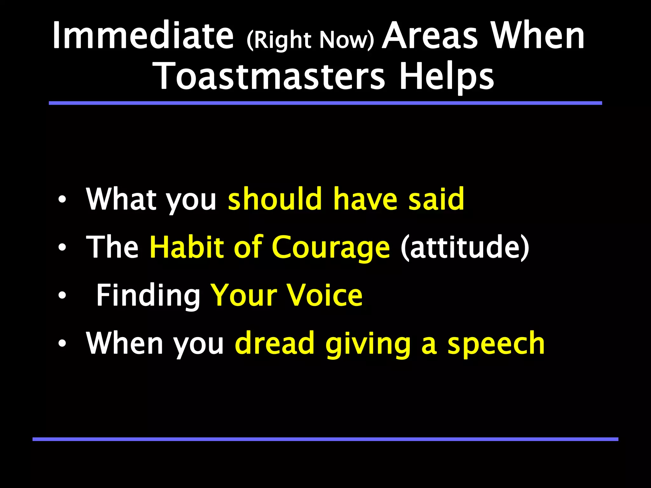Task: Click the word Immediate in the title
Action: pyautogui.click(x=143, y=36)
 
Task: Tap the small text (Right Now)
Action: pyautogui.click(x=310, y=40)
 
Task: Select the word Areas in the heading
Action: pyautogui.click(x=430, y=36)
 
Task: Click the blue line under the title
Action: pyautogui.click(x=325, y=103)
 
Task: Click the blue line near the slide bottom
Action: pyautogui.click(x=325, y=439)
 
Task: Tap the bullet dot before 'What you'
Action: pyautogui.click(x=62, y=200)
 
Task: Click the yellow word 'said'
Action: pyautogui.click(x=436, y=199)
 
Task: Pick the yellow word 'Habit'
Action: pyautogui.click(x=187, y=247)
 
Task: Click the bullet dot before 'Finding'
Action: pyautogui.click(x=62, y=296)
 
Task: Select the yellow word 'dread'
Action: pyautogui.click(x=275, y=343)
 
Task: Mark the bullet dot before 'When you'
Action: pyautogui.click(x=62, y=343)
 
